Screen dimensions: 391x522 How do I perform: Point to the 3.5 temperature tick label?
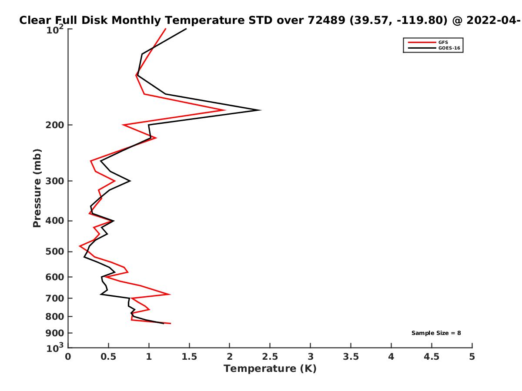[x=351, y=357]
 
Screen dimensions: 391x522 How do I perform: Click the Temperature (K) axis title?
[x=270, y=369]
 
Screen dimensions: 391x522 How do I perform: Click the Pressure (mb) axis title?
[x=37, y=188]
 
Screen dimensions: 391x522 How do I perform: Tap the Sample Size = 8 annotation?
[x=436, y=333]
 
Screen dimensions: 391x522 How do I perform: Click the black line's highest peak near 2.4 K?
[x=260, y=110]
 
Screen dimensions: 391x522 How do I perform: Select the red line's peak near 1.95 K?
[x=225, y=110]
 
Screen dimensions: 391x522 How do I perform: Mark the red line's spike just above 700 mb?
[x=169, y=294]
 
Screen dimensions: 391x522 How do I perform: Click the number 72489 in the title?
[x=328, y=20]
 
